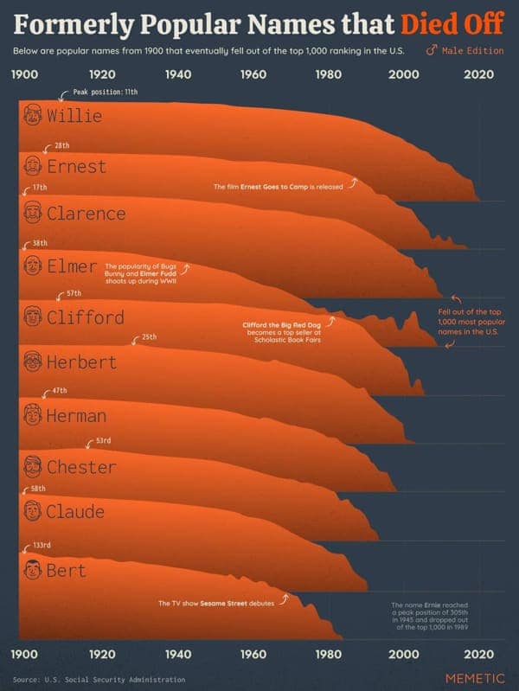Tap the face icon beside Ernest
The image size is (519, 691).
[x=33, y=164]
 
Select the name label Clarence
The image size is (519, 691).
[x=86, y=213]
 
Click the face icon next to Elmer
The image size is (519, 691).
[x=33, y=265]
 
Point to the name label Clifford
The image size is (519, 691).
[x=85, y=317]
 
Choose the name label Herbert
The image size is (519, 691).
[x=81, y=361]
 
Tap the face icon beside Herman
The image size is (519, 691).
[x=33, y=415]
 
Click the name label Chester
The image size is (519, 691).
[x=80, y=467]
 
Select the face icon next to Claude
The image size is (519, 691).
[x=33, y=511]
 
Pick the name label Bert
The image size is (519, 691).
[x=66, y=570]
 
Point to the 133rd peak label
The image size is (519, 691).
[x=42, y=546]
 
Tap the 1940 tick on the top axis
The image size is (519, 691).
[x=177, y=74]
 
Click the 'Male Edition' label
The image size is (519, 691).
[x=472, y=50]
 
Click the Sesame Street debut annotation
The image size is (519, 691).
[x=215, y=603]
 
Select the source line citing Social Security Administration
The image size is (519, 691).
[x=99, y=679]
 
